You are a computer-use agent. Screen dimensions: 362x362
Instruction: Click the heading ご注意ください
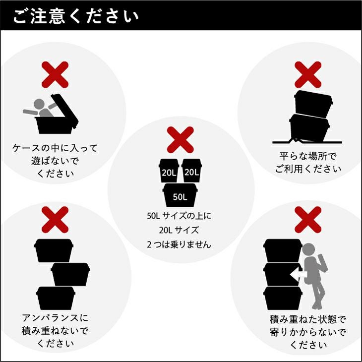(75, 16)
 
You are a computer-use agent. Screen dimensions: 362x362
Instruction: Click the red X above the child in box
(55, 75)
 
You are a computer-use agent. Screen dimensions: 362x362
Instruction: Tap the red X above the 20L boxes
(181, 140)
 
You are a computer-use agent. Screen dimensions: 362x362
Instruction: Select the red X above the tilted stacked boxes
(308, 75)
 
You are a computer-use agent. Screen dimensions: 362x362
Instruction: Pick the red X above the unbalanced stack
(55, 220)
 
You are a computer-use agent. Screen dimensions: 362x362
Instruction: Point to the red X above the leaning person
(308, 220)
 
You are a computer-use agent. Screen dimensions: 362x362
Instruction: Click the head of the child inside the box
(39, 104)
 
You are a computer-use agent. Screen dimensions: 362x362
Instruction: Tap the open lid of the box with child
(65, 111)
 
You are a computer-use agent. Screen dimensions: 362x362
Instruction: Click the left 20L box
(169, 171)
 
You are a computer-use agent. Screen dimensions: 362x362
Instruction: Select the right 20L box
(191, 171)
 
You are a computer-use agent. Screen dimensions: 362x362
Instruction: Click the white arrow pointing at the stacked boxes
(299, 275)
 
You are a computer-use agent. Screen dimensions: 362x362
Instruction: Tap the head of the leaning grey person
(308, 250)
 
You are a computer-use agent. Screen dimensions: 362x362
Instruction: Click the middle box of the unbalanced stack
(70, 274)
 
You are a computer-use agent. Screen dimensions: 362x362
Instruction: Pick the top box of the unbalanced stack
(54, 250)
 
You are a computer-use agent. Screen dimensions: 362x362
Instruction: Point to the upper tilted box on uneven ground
(313, 104)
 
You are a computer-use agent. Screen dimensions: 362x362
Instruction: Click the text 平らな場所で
(308, 156)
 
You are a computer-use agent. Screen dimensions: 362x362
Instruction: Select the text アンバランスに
(55, 318)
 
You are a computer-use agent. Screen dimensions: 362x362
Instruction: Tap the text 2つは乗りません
(179, 244)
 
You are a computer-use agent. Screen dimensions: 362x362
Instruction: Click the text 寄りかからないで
(308, 332)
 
